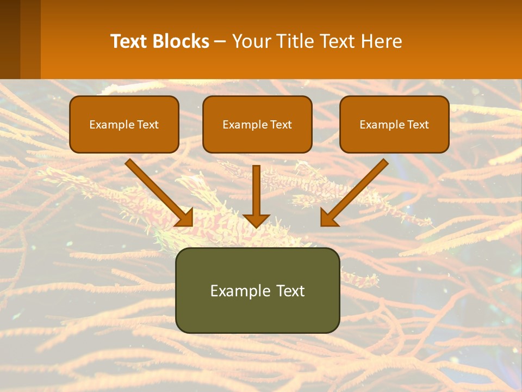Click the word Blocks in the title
tap(181, 41)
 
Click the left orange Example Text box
tap(124, 124)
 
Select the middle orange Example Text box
tap(257, 124)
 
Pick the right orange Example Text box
tap(394, 124)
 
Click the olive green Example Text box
tap(257, 290)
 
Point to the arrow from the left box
tap(158, 191)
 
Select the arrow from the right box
tap(356, 191)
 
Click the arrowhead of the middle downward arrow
tap(257, 220)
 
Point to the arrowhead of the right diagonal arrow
tap(328, 217)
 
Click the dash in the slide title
tap(220, 41)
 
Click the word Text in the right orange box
tap(418, 125)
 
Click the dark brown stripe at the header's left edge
tap(10, 39)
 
